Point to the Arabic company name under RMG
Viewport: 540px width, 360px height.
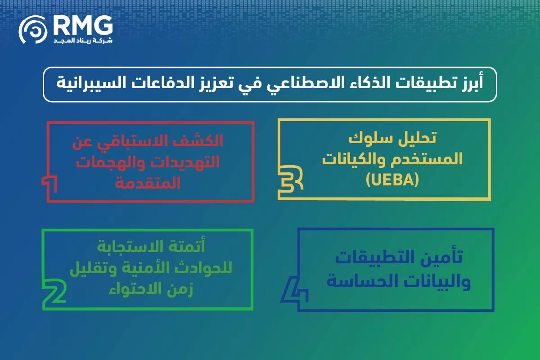(x=83, y=40)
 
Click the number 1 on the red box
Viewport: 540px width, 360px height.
(x=50, y=185)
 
